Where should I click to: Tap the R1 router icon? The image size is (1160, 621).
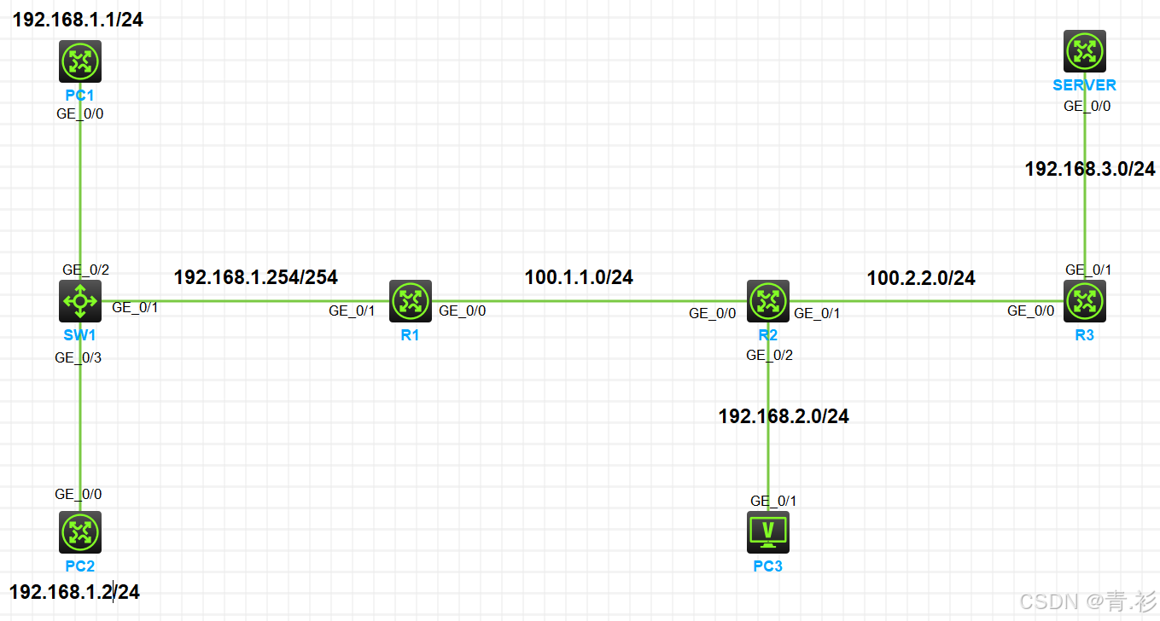[411, 301]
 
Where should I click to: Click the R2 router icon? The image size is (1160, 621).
[768, 301]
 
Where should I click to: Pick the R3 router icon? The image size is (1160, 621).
[1085, 301]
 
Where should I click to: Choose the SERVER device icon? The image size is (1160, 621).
[1085, 52]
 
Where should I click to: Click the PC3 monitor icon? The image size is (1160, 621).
[768, 532]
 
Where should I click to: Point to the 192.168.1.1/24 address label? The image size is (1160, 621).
[78, 20]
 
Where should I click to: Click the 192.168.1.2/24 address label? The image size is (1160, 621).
[74, 592]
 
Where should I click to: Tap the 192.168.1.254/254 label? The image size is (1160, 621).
[255, 277]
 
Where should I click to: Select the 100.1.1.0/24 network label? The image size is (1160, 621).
[579, 277]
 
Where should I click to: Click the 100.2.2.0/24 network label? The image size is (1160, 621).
[921, 278]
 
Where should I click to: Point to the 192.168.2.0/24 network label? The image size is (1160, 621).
[784, 416]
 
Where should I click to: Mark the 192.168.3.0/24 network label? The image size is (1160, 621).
[1090, 170]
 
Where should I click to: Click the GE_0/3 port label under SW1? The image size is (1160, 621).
[79, 358]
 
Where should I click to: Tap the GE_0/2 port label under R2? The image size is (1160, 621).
[770, 356]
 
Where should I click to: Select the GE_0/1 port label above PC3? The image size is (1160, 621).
[773, 501]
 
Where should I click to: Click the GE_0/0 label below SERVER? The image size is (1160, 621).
[1087, 107]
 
